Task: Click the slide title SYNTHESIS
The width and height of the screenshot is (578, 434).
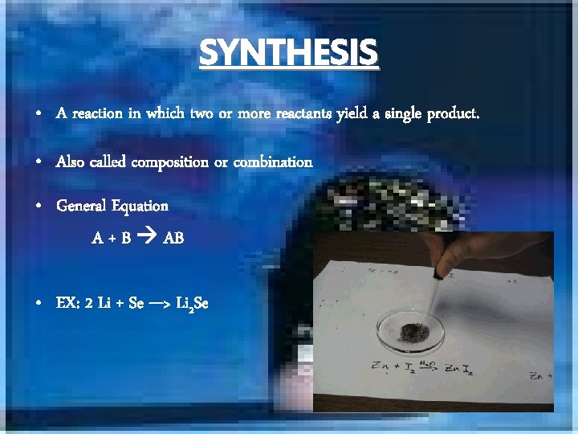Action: point(288,53)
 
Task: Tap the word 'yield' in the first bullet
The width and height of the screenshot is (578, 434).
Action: point(352,114)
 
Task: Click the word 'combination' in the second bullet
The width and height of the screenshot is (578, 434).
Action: point(273,162)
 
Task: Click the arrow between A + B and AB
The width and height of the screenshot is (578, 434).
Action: point(148,238)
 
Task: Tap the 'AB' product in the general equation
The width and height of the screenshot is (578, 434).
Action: point(173,238)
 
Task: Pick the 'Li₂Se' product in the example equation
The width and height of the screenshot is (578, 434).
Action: point(192,304)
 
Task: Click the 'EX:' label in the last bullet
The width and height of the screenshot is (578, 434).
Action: point(67,303)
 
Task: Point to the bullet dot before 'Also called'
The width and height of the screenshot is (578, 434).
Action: point(39,162)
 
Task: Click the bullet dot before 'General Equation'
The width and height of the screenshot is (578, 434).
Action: point(39,207)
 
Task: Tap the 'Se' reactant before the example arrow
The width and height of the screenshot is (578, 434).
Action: point(136,303)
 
